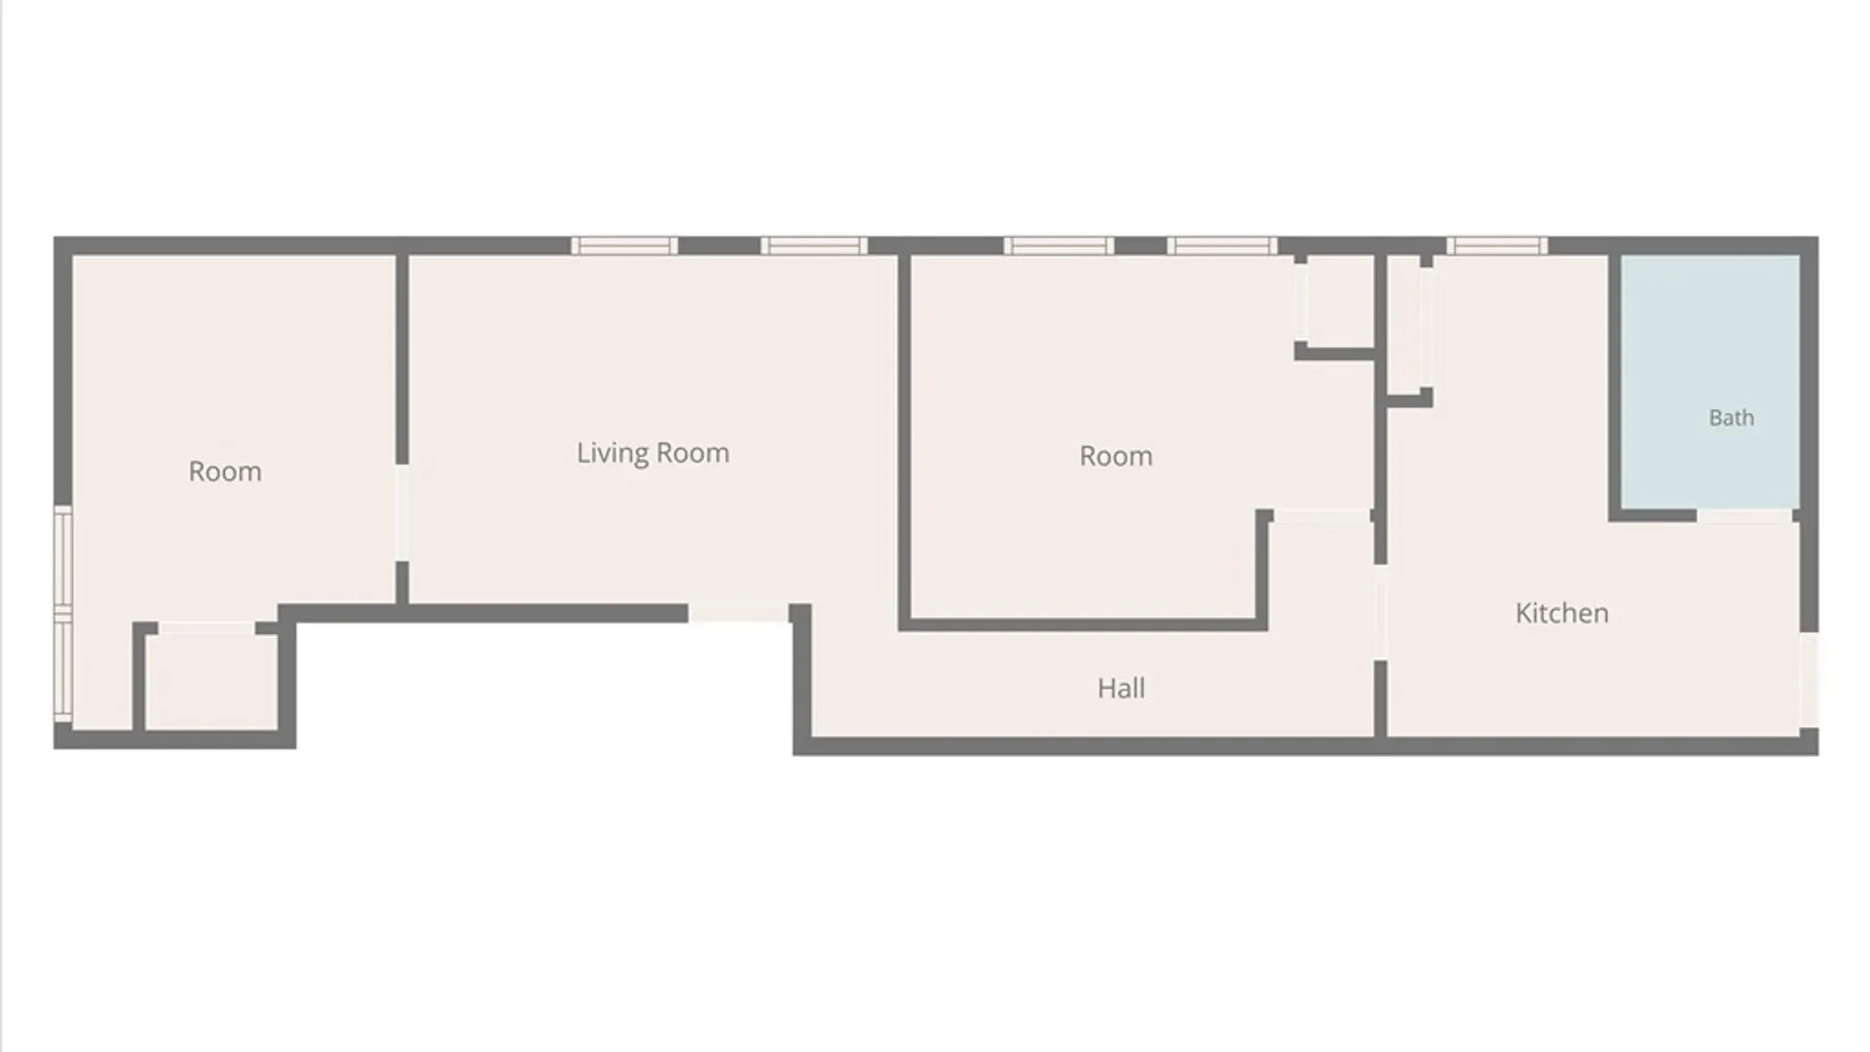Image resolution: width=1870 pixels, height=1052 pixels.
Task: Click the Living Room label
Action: [653, 453]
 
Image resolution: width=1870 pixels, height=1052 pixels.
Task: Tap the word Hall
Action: [1121, 689]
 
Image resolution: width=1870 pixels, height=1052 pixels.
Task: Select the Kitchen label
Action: [1561, 613]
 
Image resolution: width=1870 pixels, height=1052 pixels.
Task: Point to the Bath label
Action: [1731, 418]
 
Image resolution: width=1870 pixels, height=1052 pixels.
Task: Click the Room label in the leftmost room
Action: [225, 471]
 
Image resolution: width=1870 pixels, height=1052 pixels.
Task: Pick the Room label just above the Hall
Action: [1116, 456]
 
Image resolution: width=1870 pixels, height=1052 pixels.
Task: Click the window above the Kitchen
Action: [1496, 245]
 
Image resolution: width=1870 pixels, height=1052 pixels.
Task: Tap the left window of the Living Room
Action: [624, 245]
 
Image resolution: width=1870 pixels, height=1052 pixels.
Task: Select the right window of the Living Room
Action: [814, 245]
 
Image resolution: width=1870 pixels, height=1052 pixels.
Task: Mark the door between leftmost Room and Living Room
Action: [401, 512]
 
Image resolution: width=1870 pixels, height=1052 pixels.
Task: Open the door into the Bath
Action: [1745, 516]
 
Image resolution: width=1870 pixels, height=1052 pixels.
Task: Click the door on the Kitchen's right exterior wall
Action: [1809, 680]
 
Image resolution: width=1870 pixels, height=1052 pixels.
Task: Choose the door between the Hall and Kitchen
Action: [1380, 613]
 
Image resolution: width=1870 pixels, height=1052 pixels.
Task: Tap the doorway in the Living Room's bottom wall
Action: [738, 613]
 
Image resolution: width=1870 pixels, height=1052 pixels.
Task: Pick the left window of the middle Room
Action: [1059, 245]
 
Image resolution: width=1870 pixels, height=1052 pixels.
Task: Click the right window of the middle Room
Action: [1222, 245]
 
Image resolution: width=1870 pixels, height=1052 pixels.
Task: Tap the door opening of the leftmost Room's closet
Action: [206, 628]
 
